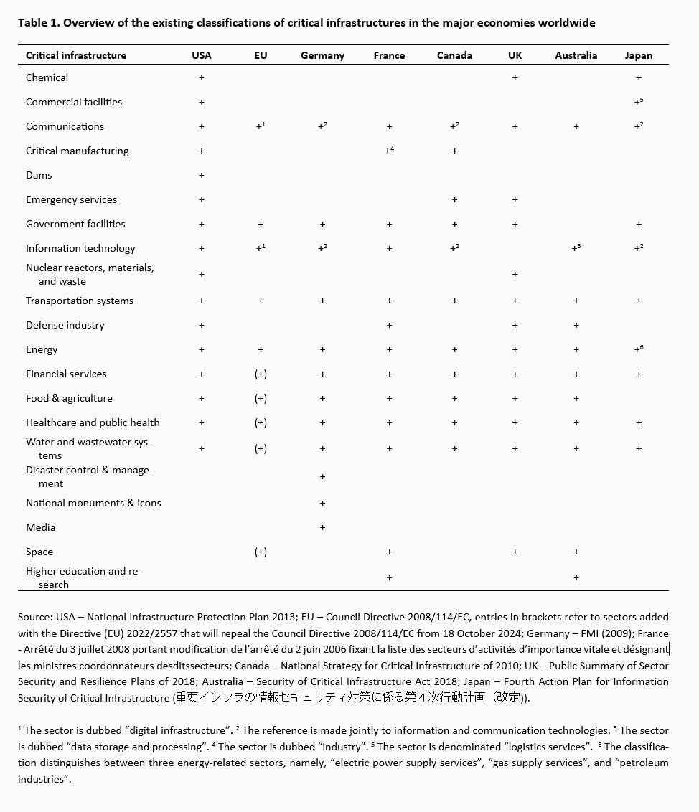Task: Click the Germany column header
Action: tap(322, 55)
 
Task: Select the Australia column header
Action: tap(576, 55)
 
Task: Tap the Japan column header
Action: tap(638, 55)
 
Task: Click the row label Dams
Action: tap(39, 175)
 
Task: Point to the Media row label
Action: tap(40, 527)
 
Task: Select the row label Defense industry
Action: tap(65, 325)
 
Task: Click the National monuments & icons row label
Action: tap(93, 503)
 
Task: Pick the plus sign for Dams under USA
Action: tap(202, 175)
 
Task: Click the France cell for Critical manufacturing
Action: tap(389, 151)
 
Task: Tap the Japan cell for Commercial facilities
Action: tap(638, 102)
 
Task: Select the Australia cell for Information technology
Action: tap(576, 248)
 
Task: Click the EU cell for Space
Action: tap(261, 552)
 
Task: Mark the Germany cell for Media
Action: tap(322, 527)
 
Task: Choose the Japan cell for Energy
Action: tap(638, 349)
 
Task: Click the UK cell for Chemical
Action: tap(515, 77)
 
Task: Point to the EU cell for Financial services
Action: tap(261, 374)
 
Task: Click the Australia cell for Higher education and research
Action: tap(576, 577)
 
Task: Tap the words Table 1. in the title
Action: tap(39, 22)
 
